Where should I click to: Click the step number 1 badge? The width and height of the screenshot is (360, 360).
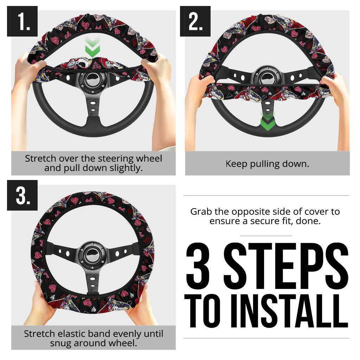click(x=22, y=21)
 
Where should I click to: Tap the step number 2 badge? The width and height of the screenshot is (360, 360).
click(x=195, y=21)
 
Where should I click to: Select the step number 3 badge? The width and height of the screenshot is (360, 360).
click(x=22, y=195)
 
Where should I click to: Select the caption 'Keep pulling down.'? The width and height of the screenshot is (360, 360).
click(x=267, y=164)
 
